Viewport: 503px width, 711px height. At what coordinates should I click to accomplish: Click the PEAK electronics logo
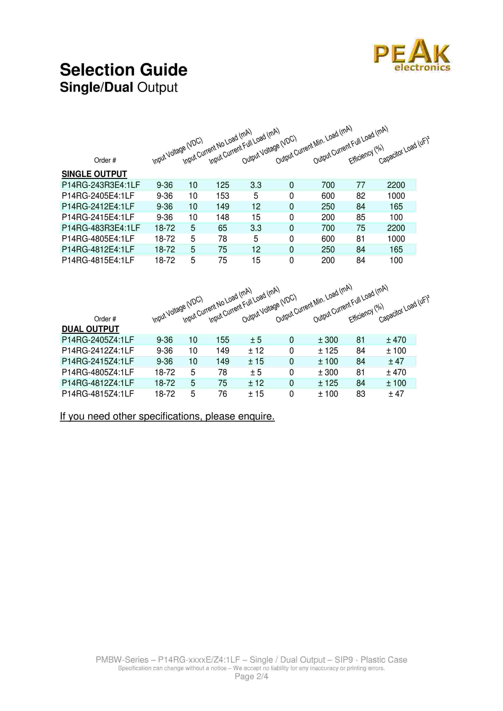pyautogui.click(x=411, y=56)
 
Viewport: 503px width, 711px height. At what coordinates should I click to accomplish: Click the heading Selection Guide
pyautogui.click(x=123, y=70)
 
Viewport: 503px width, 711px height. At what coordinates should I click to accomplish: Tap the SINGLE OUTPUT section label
pyautogui.click(x=94, y=174)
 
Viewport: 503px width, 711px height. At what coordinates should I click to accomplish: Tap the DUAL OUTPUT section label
pyautogui.click(x=90, y=329)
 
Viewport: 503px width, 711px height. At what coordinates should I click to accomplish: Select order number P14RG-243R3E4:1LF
pyautogui.click(x=101, y=185)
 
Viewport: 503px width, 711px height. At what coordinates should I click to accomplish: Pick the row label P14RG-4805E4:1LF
pyautogui.click(x=98, y=239)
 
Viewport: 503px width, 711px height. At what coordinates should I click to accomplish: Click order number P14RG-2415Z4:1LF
pyautogui.click(x=98, y=361)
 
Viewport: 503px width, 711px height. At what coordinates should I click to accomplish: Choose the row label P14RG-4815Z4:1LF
pyautogui.click(x=98, y=394)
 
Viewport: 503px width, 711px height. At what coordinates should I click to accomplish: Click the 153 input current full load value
pyautogui.click(x=223, y=196)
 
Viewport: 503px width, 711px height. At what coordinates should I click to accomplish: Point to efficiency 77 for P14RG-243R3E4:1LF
pyautogui.click(x=360, y=185)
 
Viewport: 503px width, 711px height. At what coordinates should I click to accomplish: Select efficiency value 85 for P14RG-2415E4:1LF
pyautogui.click(x=360, y=217)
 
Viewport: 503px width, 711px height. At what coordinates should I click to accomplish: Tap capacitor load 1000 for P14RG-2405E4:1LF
pyautogui.click(x=396, y=196)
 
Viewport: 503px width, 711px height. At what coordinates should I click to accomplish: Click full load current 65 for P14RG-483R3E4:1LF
pyautogui.click(x=223, y=228)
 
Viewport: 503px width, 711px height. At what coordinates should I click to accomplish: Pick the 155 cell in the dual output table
pyautogui.click(x=223, y=340)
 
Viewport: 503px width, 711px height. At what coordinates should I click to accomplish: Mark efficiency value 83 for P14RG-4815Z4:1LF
pyautogui.click(x=360, y=394)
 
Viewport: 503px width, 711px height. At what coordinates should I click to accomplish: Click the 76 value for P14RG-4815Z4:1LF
pyautogui.click(x=223, y=394)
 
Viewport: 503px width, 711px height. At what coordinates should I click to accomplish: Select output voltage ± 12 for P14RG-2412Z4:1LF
pyautogui.click(x=256, y=351)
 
